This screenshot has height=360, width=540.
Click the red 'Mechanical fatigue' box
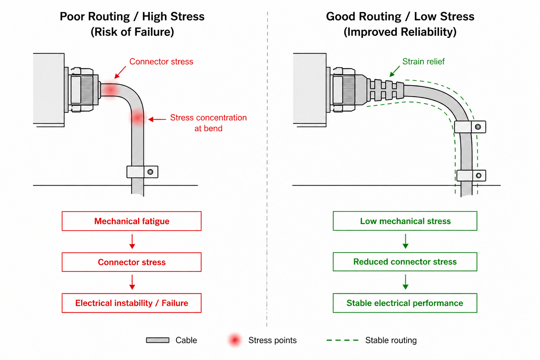[x=131, y=221]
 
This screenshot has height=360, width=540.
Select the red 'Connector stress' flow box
[x=131, y=262]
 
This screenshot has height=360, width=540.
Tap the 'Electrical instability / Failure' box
[x=131, y=303]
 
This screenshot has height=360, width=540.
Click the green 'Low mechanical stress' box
[x=405, y=221]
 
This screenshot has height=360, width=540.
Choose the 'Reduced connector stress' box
[x=405, y=262]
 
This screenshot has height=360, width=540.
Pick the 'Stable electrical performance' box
[x=405, y=303]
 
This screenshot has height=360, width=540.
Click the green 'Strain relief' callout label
[x=423, y=62]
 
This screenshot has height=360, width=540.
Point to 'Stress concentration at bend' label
[x=208, y=123]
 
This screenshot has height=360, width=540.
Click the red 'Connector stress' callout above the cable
[x=161, y=62]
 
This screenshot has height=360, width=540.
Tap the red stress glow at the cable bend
[x=138, y=118]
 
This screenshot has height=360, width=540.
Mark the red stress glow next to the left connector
[x=110, y=90]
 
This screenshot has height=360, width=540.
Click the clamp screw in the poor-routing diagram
[x=150, y=172]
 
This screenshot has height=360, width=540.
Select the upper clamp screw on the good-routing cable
[x=478, y=127]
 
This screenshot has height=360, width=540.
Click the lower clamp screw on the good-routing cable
[x=479, y=175]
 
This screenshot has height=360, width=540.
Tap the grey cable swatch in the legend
[x=157, y=340]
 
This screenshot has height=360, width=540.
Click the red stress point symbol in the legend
[x=234, y=340]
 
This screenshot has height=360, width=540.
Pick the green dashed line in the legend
[x=342, y=340]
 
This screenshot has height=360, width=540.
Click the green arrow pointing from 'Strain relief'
[x=395, y=71]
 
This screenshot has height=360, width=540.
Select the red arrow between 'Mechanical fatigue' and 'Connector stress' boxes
[x=132, y=242]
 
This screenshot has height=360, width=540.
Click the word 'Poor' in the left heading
[x=72, y=17]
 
